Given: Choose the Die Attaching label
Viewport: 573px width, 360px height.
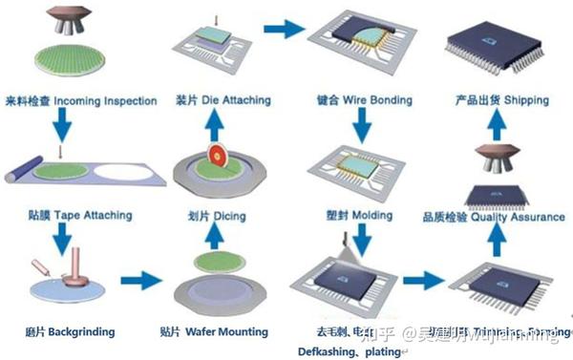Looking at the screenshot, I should (x=223, y=100).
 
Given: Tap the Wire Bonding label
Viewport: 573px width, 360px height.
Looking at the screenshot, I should (x=368, y=100).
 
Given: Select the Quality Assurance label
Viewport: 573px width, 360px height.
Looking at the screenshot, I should (x=495, y=217).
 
